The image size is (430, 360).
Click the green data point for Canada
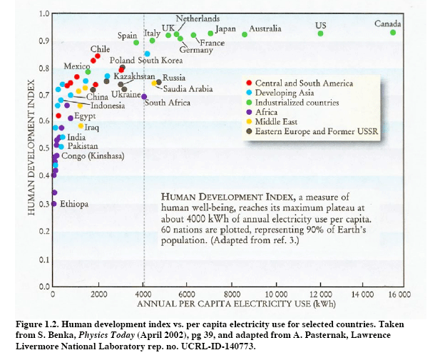tap(393, 33)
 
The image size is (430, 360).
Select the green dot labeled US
tap(321, 34)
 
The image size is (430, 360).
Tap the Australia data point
tap(245, 34)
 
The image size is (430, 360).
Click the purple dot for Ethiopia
tap(53, 204)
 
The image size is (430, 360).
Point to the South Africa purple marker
tap(144, 96)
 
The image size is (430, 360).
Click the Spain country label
tap(127, 35)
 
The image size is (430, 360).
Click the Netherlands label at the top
tap(198, 17)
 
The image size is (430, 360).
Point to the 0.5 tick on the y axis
tap(44, 148)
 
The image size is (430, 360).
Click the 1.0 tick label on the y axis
tap(44, 14)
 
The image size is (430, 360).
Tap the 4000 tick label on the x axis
tap(143, 294)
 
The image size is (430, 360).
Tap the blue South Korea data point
tap(148, 53)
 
